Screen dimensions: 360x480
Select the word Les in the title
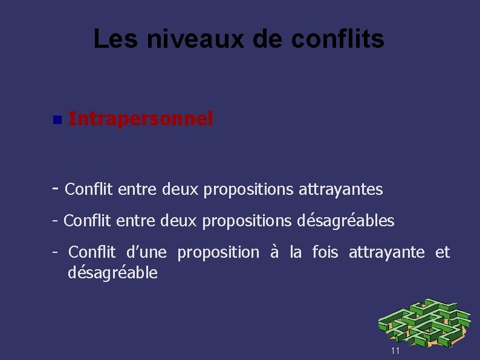pyautogui.click(x=111, y=40)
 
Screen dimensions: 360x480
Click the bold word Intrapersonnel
pyautogui.click(x=141, y=119)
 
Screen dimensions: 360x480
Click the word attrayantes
pyautogui.click(x=341, y=190)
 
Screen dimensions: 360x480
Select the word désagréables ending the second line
pyautogui.click(x=346, y=221)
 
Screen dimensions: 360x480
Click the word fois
pyautogui.click(x=325, y=252)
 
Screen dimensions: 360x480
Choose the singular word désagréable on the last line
pyautogui.click(x=113, y=273)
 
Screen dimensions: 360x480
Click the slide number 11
pyautogui.click(x=395, y=352)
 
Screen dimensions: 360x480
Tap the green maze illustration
pyautogui.click(x=424, y=324)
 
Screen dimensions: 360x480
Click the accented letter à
pyautogui.click(x=274, y=252)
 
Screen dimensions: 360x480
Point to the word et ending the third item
pyautogui.click(x=443, y=252)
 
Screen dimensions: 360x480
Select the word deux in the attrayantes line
pyautogui.click(x=181, y=190)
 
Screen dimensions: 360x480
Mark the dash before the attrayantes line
pyautogui.click(x=56, y=188)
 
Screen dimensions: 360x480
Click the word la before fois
pyautogui.click(x=296, y=252)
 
